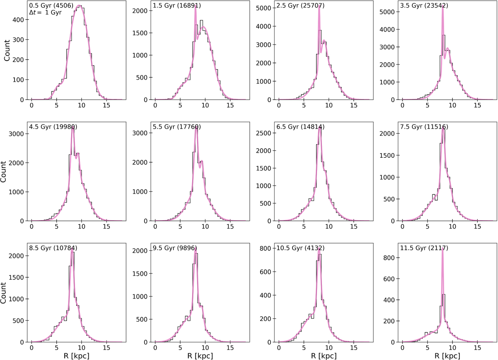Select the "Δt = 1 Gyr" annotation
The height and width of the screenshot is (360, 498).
(47, 13)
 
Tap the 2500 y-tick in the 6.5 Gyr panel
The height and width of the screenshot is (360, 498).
(264, 134)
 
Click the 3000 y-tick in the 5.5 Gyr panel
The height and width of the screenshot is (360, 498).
(141, 133)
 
